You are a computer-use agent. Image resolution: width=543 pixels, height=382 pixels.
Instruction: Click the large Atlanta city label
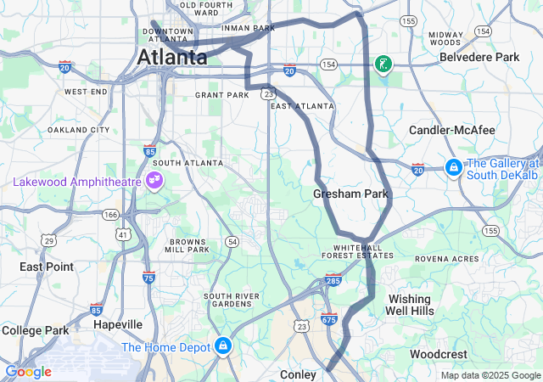[x=172, y=58]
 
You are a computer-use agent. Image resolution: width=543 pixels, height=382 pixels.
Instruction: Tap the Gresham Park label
[x=350, y=194]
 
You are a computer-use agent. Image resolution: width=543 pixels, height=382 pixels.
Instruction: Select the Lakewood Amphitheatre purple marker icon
[x=154, y=179]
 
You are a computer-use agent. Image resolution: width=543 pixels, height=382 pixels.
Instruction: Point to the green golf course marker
[x=383, y=64]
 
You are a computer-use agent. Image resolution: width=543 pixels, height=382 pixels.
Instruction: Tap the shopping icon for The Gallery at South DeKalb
[x=454, y=167]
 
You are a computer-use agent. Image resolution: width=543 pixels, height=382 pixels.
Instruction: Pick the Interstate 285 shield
[x=333, y=279]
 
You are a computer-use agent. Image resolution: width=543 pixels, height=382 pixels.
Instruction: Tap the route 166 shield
[x=111, y=216]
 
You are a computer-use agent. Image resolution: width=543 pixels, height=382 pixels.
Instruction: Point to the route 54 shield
[x=232, y=242]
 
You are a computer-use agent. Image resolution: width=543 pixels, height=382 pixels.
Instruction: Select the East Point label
[x=46, y=267]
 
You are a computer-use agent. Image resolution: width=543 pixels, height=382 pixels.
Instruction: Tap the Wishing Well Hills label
[x=410, y=305]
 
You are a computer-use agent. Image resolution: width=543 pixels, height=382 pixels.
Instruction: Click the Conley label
[x=298, y=374]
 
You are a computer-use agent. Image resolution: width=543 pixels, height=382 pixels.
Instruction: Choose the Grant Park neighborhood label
[x=222, y=95]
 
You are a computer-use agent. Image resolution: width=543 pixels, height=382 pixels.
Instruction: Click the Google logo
[x=28, y=372]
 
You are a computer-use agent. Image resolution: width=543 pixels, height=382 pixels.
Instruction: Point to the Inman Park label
[x=248, y=28]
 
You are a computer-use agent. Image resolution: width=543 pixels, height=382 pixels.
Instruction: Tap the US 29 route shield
[x=49, y=241]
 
